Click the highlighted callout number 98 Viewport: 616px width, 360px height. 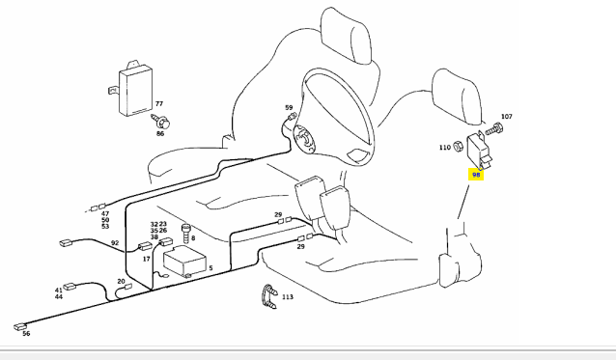point(476,175)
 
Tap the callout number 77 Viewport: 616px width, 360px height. point(159,104)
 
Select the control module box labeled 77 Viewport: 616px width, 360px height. point(134,89)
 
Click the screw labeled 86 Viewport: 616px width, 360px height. point(161,123)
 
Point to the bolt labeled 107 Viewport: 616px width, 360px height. point(494,129)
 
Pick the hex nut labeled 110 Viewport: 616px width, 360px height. point(458,147)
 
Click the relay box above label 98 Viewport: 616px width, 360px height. point(479,152)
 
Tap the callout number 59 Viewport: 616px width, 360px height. point(289,107)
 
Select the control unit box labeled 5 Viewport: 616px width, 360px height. point(184,261)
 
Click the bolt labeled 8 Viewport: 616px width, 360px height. point(185,234)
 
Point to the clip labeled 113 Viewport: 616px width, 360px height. point(269,295)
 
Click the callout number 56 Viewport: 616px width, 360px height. point(26,334)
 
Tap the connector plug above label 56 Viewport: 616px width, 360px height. point(20,326)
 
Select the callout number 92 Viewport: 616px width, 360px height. point(115,243)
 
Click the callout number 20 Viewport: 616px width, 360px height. point(121,281)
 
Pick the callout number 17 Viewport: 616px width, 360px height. point(147,259)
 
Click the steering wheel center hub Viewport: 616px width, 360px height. point(304,137)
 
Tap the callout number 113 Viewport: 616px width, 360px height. point(288,297)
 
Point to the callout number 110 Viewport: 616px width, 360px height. point(445,148)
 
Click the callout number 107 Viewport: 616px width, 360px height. point(507,117)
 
